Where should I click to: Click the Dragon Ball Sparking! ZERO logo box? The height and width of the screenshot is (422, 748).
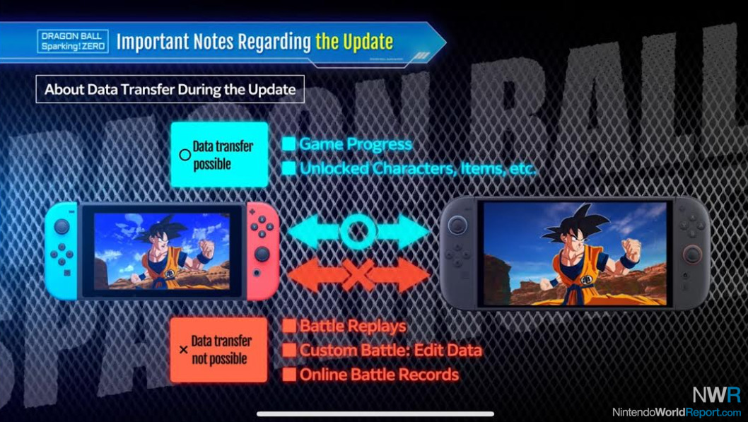coord(73,42)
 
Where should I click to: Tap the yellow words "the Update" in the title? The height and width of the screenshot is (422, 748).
coord(354,42)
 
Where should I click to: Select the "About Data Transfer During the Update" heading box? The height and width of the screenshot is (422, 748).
coord(170,89)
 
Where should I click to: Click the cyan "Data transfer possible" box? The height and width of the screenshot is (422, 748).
coord(219,155)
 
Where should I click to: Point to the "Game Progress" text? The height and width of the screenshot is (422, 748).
coord(356,144)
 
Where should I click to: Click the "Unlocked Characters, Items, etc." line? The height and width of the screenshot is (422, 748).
coord(418,168)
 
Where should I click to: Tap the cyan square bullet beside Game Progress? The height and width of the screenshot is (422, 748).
coord(288,144)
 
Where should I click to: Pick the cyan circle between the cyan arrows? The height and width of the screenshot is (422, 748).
coord(358,231)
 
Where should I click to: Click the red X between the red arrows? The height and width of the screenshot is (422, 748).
coord(358,275)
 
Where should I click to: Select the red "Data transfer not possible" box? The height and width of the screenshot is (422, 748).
coord(219,349)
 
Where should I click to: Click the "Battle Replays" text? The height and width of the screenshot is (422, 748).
coord(353,326)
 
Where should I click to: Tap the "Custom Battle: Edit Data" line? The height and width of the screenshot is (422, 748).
coord(391,351)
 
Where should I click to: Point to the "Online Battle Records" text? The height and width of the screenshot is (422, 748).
coord(379,375)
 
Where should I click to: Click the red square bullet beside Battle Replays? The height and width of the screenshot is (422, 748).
coord(288,326)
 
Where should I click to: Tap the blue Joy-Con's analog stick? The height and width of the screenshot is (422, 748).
coord(62,226)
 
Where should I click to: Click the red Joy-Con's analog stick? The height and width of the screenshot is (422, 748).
coord(262,254)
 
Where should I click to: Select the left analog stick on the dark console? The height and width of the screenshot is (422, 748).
coord(457,225)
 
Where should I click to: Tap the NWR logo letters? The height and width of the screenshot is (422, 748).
coord(716,395)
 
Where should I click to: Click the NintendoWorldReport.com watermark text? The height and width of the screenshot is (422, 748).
coord(677,412)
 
